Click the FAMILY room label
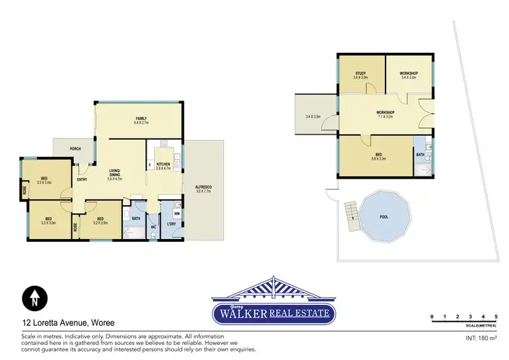141,120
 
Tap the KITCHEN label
164,164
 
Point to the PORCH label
76,149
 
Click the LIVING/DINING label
115,174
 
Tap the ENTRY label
81,179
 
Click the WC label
153,226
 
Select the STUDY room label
360,75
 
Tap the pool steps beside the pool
351,214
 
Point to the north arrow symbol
33,298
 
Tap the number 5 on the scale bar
497,317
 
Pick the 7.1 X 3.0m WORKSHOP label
385,114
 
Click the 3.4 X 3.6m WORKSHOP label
408,75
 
